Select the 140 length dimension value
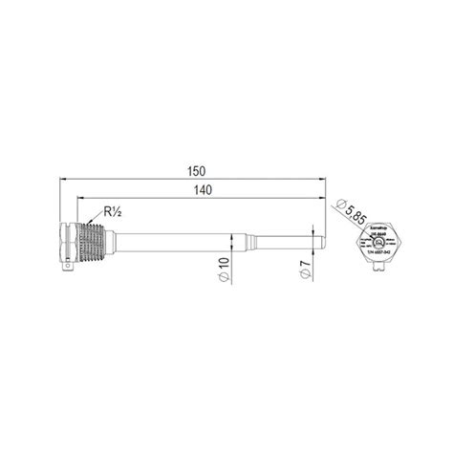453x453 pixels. [202, 191]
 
